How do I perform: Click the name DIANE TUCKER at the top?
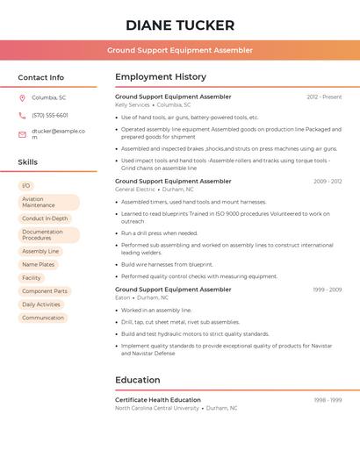tap(180, 25)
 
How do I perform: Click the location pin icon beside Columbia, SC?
tap(22, 97)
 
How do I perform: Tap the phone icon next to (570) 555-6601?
tap(22, 115)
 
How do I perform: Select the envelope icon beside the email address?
tap(22, 134)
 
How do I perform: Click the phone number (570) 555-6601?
tap(50, 115)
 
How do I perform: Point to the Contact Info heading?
tap(41, 77)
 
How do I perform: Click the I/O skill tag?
tap(26, 185)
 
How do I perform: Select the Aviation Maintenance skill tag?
tap(48, 202)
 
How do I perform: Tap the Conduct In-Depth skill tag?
tap(45, 218)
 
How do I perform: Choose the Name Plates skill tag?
tap(39, 264)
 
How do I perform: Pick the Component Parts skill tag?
tap(45, 290)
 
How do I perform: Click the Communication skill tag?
tap(43, 318)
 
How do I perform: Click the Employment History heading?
tap(161, 76)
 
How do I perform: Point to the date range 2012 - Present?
tap(324, 97)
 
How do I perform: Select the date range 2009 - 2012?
tap(328, 181)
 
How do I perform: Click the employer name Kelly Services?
tap(133, 104)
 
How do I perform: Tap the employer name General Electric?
tap(135, 189)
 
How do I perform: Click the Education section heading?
tap(138, 380)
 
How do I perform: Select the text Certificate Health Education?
tap(158, 399)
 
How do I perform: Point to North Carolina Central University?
tap(157, 408)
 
